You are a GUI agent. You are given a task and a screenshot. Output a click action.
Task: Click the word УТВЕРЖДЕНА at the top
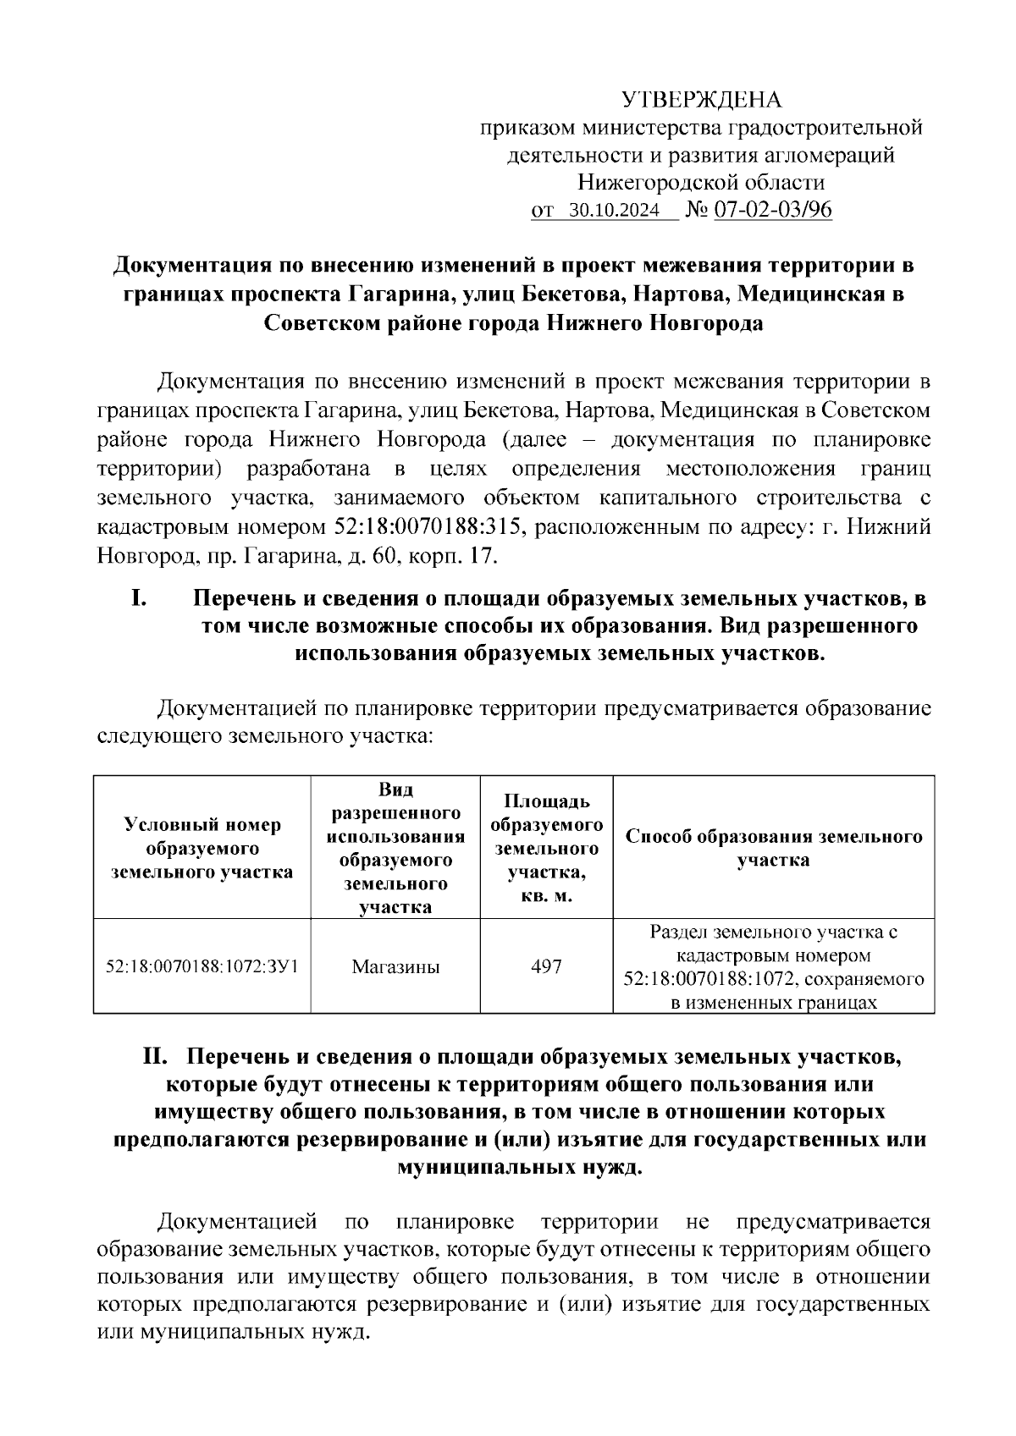coord(702,101)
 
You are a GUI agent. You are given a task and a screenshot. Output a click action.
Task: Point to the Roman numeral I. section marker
coord(140,598)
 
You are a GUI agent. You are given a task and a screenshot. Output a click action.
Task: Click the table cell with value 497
coord(546,966)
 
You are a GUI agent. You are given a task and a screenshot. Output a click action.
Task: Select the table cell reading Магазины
coord(395,966)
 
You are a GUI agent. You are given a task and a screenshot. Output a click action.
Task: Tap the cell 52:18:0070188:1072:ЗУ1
coord(202,966)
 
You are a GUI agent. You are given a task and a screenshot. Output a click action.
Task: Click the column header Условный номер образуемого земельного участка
coord(202,847)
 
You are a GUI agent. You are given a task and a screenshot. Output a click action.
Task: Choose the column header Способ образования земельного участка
coord(773,848)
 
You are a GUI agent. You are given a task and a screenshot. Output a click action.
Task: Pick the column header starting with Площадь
coord(546,847)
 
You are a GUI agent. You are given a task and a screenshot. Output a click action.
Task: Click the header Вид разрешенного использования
coord(395,847)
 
